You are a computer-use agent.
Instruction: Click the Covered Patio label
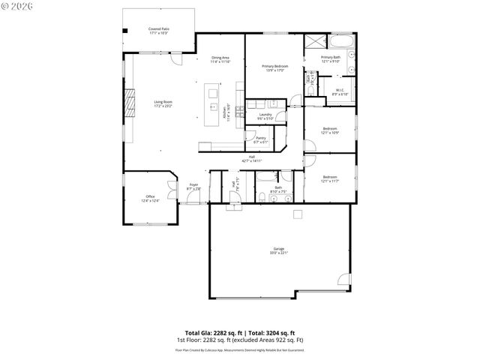click(158, 31)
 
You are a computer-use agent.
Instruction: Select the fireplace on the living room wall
click(129, 103)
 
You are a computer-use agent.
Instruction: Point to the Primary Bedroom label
click(274, 68)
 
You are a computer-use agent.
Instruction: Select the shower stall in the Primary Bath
click(314, 42)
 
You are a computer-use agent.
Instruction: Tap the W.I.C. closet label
click(340, 92)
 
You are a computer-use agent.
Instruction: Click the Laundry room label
click(265, 116)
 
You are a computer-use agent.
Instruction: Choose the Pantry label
click(261, 139)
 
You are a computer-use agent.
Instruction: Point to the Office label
click(150, 198)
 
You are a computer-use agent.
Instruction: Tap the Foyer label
click(193, 186)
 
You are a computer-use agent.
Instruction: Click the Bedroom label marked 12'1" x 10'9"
click(331, 130)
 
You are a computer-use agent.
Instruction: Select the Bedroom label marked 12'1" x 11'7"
click(330, 178)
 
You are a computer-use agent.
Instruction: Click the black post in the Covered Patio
click(125, 31)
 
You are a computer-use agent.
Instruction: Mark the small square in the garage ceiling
click(297, 214)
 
